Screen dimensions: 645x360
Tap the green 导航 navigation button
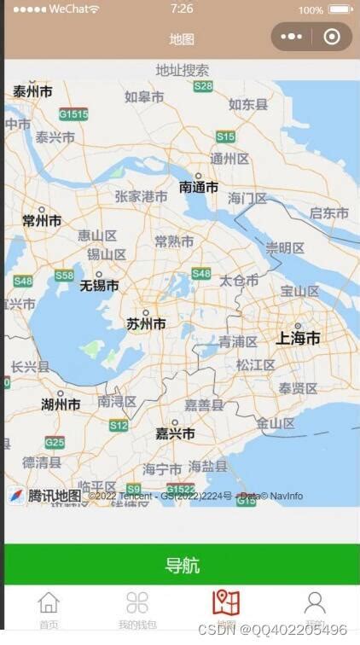pyautogui.click(x=182, y=565)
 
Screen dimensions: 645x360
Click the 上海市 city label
pyautogui.click(x=298, y=339)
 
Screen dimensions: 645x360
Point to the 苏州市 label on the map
pyautogui.click(x=146, y=324)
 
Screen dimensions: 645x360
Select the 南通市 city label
pyautogui.click(x=199, y=188)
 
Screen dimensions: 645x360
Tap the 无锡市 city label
pyautogui.click(x=99, y=286)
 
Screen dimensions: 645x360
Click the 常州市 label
pyautogui.click(x=42, y=221)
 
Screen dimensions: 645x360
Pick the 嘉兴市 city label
pyautogui.click(x=175, y=433)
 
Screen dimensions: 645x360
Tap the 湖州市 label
pyautogui.click(x=61, y=404)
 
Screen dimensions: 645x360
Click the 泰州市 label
pyautogui.click(x=32, y=91)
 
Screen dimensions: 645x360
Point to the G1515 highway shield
pyautogui.click(x=73, y=113)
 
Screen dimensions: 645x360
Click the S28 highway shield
pyautogui.click(x=203, y=86)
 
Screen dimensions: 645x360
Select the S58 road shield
pyautogui.click(x=64, y=276)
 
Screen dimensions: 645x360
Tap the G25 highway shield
pyautogui.click(x=55, y=442)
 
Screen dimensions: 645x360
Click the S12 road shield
pyautogui.click(x=119, y=425)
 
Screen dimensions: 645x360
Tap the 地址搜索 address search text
pyautogui.click(x=182, y=70)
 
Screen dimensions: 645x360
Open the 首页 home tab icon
pyautogui.click(x=49, y=603)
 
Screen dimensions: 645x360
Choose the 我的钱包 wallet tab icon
pyautogui.click(x=136, y=603)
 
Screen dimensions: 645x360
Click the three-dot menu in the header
pyautogui.click(x=291, y=37)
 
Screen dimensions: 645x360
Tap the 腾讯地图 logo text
pyautogui.click(x=54, y=496)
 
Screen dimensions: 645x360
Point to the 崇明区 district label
pyautogui.click(x=285, y=248)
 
